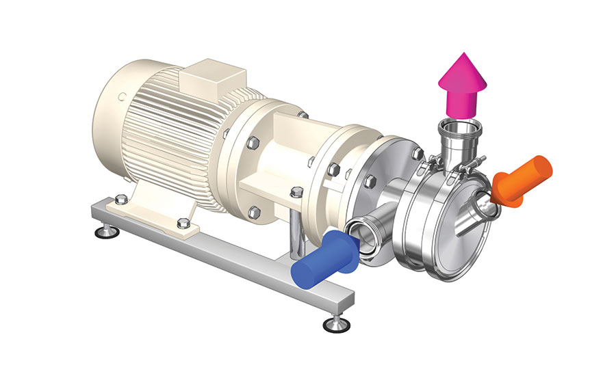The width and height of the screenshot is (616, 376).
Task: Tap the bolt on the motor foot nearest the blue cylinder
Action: [x=182, y=223]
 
